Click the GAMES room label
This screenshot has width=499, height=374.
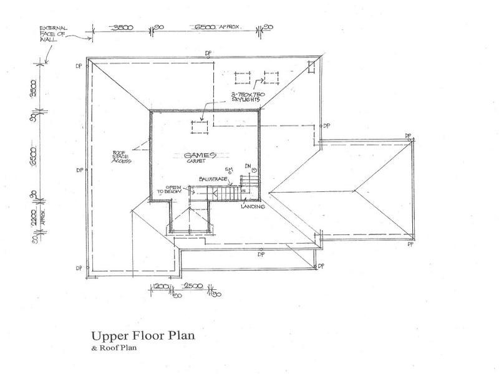click(200, 154)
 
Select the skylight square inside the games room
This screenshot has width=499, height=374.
click(201, 127)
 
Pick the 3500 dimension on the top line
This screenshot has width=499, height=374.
click(122, 28)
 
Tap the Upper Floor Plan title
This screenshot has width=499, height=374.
click(143, 335)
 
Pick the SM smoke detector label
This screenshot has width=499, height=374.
click(231, 169)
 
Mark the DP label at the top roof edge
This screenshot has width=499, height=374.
click(209, 52)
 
